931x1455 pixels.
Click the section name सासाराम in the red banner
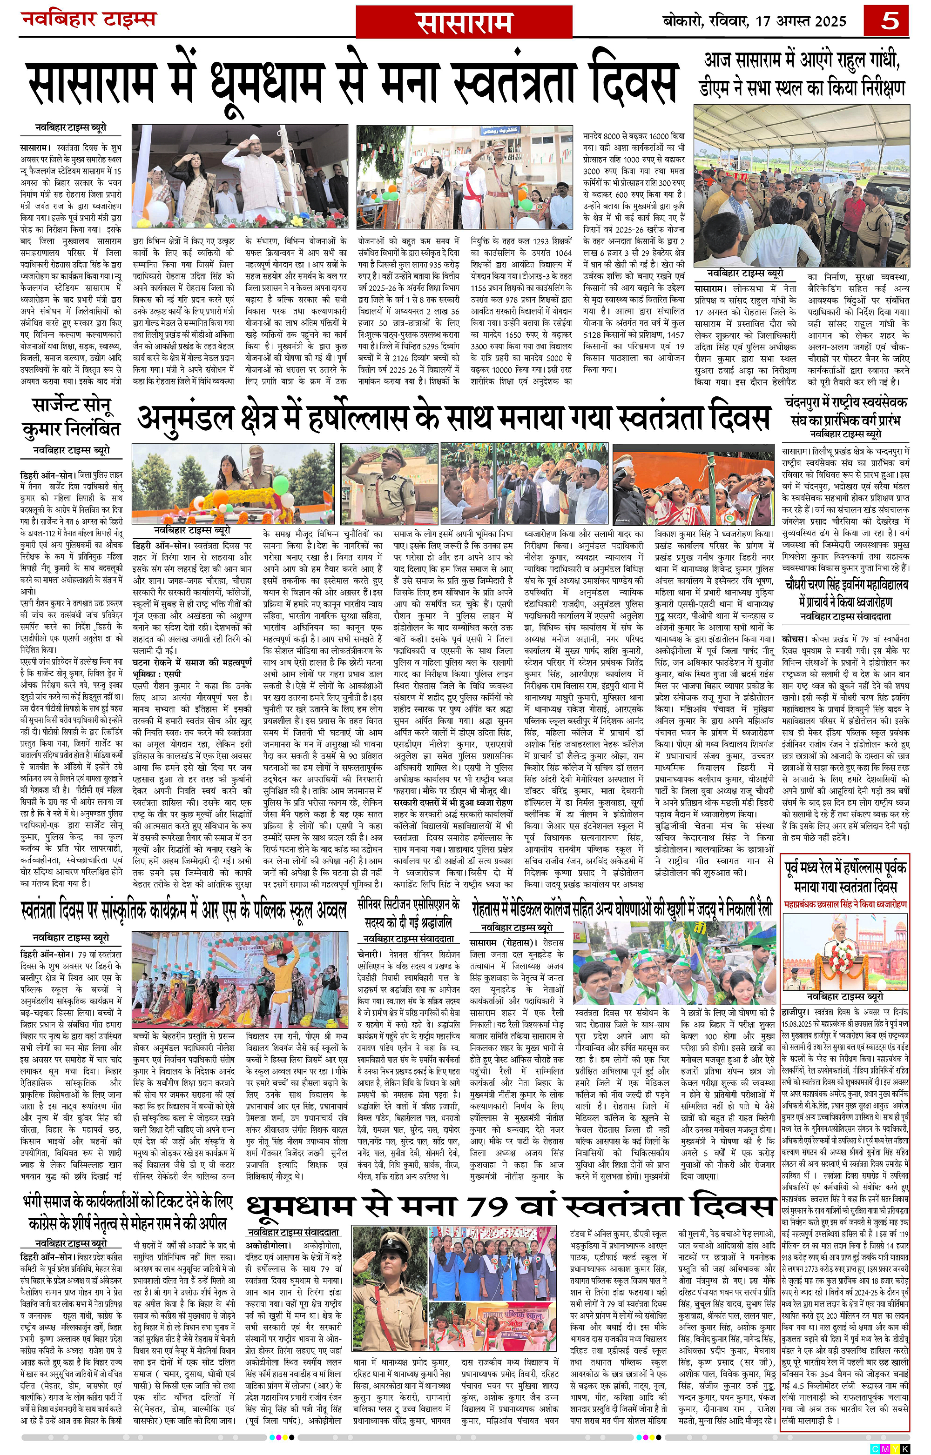[464, 23]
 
